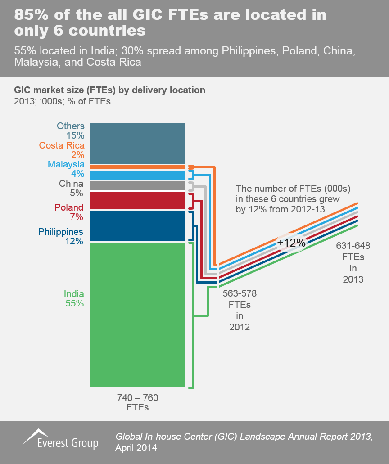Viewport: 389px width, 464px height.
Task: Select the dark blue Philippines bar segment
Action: click(x=137, y=226)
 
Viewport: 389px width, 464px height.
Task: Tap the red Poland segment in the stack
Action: click(x=137, y=200)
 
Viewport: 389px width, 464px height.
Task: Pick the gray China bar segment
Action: click(x=137, y=185)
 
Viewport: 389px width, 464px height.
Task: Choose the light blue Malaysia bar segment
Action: click(x=137, y=175)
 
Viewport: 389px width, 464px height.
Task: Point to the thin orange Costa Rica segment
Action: click(x=137, y=167)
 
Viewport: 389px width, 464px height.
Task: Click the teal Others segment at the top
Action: click(x=137, y=143)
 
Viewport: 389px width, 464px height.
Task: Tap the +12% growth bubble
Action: click(x=291, y=243)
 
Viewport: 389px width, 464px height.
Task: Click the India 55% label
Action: click(x=74, y=298)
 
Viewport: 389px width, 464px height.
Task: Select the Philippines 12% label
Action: click(x=61, y=236)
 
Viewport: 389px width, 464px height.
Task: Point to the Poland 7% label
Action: click(x=69, y=212)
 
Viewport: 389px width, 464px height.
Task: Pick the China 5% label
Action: click(x=71, y=188)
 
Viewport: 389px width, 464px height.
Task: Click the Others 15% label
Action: click(x=71, y=131)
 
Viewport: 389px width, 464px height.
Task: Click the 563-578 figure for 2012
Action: click(x=240, y=294)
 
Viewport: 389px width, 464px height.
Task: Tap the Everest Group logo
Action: click(x=60, y=439)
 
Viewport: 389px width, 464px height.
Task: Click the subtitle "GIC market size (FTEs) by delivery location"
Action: click(x=110, y=90)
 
